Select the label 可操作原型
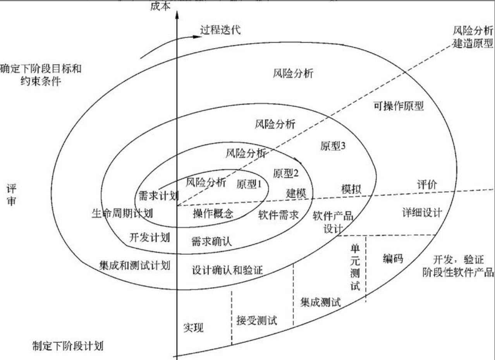pos(399,106)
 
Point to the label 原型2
pos(285,174)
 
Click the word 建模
pos(296,192)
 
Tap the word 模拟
pos(351,189)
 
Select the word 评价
pos(427,185)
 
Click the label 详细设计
pos(422,213)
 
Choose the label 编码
pos(393,259)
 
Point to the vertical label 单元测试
pos(355,267)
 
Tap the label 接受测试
pos(257,321)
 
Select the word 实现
pos(193,328)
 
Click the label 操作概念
pos(213,214)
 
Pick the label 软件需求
pos(278,215)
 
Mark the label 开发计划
pos(150,237)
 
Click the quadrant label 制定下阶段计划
pos(68,345)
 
